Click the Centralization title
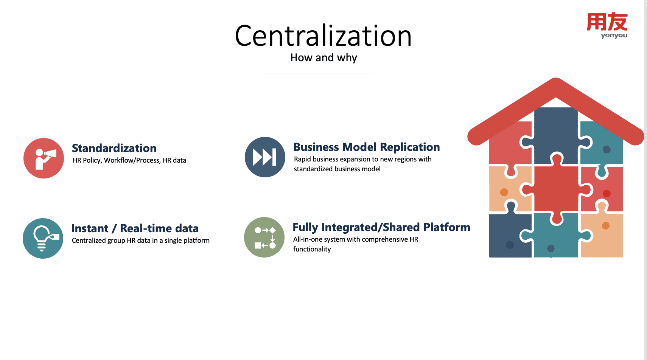(323, 36)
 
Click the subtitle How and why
(323, 57)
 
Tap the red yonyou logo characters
(607, 22)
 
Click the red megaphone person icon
(44, 158)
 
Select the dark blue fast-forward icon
(265, 157)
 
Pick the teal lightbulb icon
(43, 238)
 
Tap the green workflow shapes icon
(264, 237)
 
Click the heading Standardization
(114, 148)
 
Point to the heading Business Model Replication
(366, 147)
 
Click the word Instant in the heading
(90, 228)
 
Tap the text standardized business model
(337, 169)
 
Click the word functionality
(312, 249)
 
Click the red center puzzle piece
(555, 189)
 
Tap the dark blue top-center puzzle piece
(555, 132)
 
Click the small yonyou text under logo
(614, 36)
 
